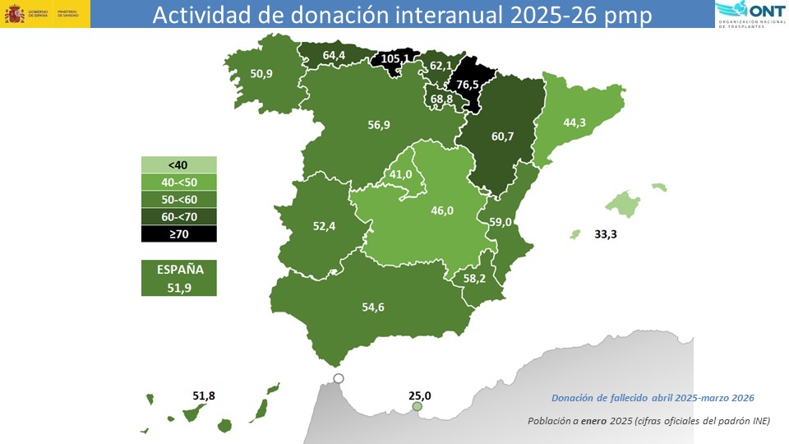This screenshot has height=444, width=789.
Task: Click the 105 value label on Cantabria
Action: point(389,59)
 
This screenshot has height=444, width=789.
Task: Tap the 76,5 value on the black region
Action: point(468,85)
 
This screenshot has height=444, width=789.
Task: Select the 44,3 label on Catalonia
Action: point(574,123)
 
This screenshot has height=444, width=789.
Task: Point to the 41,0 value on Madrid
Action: point(400,174)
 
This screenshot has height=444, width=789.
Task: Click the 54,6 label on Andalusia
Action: point(373,308)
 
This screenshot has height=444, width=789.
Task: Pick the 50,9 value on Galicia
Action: point(262,73)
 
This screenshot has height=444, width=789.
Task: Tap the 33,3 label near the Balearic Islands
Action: point(606,234)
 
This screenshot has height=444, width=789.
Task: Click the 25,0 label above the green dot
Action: point(420,395)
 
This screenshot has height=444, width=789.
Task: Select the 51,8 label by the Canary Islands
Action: point(204,395)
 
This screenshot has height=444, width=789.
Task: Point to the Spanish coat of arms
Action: point(16,14)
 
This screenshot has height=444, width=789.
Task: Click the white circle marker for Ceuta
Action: point(338,379)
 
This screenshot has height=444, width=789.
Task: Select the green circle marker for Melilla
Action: point(418,407)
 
